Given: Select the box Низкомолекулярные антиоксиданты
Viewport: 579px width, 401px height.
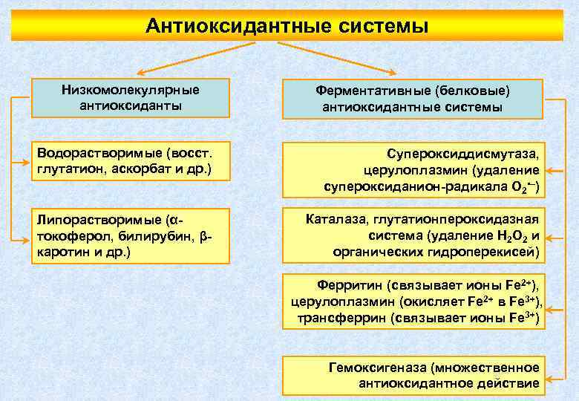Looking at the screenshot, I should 130,97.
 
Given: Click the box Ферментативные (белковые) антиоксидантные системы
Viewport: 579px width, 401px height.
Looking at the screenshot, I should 412,99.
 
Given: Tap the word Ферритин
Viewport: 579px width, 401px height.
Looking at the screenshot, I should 349,284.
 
